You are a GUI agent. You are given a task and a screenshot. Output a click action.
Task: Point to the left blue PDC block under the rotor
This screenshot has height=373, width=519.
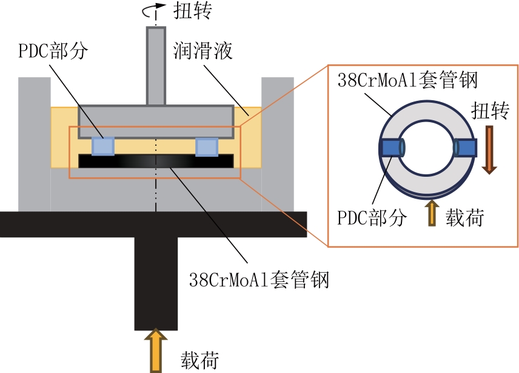[102, 146]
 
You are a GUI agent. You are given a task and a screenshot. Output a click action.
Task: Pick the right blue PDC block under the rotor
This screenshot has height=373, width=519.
[207, 146]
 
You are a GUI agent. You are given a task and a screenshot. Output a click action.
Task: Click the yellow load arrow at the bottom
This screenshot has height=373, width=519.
[156, 351]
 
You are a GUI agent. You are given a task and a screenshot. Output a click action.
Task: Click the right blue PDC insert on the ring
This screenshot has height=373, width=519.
[466, 148]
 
